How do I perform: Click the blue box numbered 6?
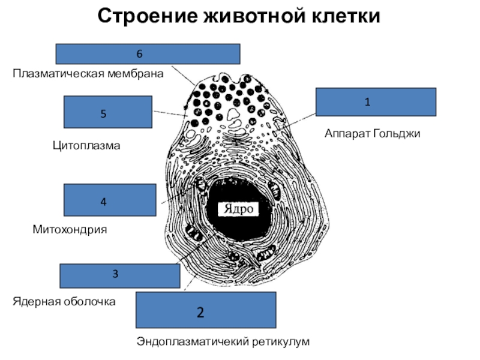coord(148,54)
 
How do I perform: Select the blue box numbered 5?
coord(108,112)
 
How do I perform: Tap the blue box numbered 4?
coord(109,200)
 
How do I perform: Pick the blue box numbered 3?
coord(120,275)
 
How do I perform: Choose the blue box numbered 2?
coord(206,310)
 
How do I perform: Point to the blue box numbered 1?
coord(376,102)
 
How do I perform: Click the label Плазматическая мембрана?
coord(89,74)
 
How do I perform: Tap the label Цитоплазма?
coord(86,145)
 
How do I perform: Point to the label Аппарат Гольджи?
coord(373,133)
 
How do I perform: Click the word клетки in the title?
coord(341,16)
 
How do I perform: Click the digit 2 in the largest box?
coord(200,312)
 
